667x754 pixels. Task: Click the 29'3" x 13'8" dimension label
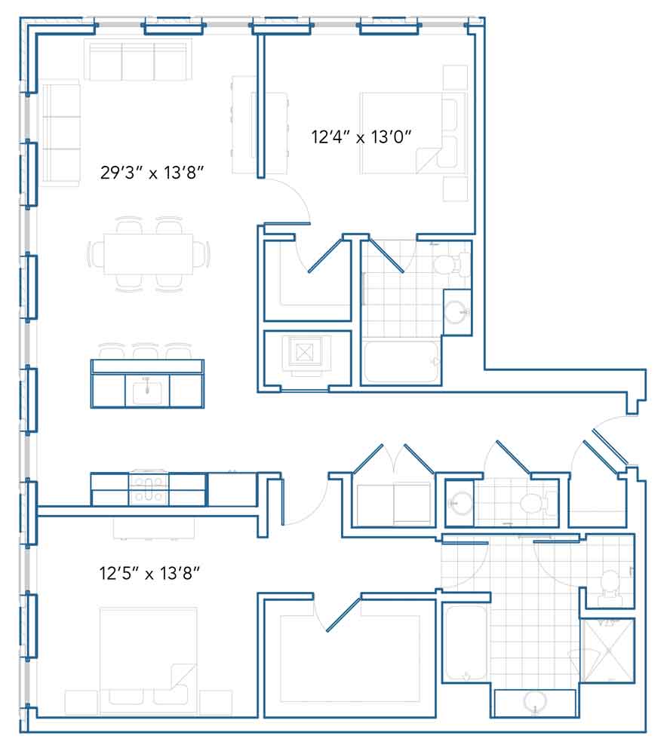(152, 172)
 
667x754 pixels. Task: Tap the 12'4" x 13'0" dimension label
(361, 137)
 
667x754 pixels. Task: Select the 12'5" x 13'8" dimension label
(149, 573)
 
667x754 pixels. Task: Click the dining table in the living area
(148, 254)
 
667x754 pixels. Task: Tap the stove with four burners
(149, 489)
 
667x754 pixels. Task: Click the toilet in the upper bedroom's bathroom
(450, 264)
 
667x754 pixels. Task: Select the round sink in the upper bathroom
(456, 313)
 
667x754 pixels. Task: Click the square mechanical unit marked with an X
(304, 352)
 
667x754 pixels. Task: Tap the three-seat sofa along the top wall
(138, 60)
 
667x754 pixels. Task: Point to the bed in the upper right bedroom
(413, 133)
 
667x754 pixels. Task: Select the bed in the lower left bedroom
(148, 662)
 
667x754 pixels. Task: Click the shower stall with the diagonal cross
(608, 650)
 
